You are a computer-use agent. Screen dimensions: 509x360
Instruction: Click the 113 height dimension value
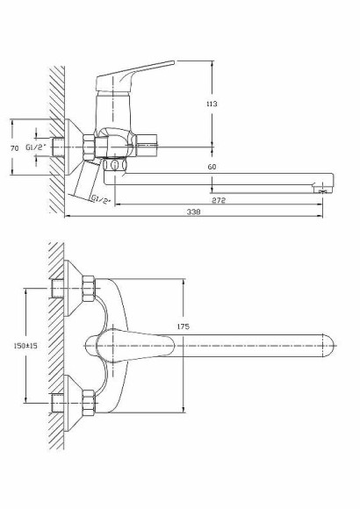(x=211, y=104)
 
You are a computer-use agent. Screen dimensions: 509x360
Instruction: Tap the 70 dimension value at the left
(x=14, y=149)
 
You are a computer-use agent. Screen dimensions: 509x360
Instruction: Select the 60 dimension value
(x=212, y=167)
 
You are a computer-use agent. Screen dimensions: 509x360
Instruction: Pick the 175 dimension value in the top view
(x=184, y=326)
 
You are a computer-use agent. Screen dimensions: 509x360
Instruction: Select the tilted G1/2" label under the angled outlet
(x=102, y=199)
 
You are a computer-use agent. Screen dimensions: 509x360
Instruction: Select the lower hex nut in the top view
(x=87, y=405)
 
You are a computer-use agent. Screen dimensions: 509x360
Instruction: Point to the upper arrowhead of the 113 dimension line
(x=213, y=63)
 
